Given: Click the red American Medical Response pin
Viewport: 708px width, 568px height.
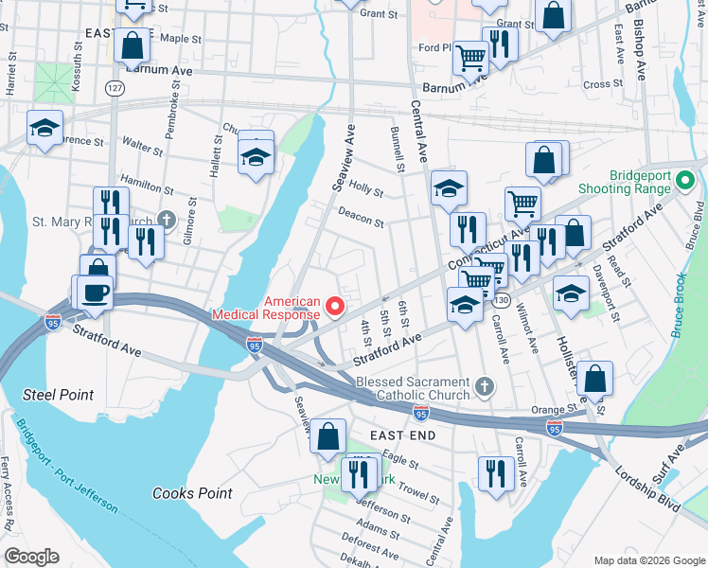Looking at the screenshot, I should tap(333, 307).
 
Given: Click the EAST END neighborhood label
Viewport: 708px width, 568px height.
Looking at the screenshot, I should tap(402, 435).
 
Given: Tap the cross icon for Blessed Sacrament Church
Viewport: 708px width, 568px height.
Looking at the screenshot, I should tap(485, 385).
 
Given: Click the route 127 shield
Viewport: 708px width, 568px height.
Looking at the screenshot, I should tap(115, 88).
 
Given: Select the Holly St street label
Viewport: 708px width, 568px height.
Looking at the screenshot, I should tap(365, 189).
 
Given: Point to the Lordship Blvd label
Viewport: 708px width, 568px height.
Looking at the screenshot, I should tap(647, 488).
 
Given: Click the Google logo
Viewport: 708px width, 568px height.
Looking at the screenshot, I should tap(30, 556).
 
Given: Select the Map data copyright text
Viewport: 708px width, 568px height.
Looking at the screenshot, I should tap(648, 560).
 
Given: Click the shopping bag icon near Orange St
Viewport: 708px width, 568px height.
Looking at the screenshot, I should tap(594, 379).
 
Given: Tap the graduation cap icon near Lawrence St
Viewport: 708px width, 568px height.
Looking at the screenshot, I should tap(44, 130).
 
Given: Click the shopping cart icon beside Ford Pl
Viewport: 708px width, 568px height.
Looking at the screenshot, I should tap(470, 58).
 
